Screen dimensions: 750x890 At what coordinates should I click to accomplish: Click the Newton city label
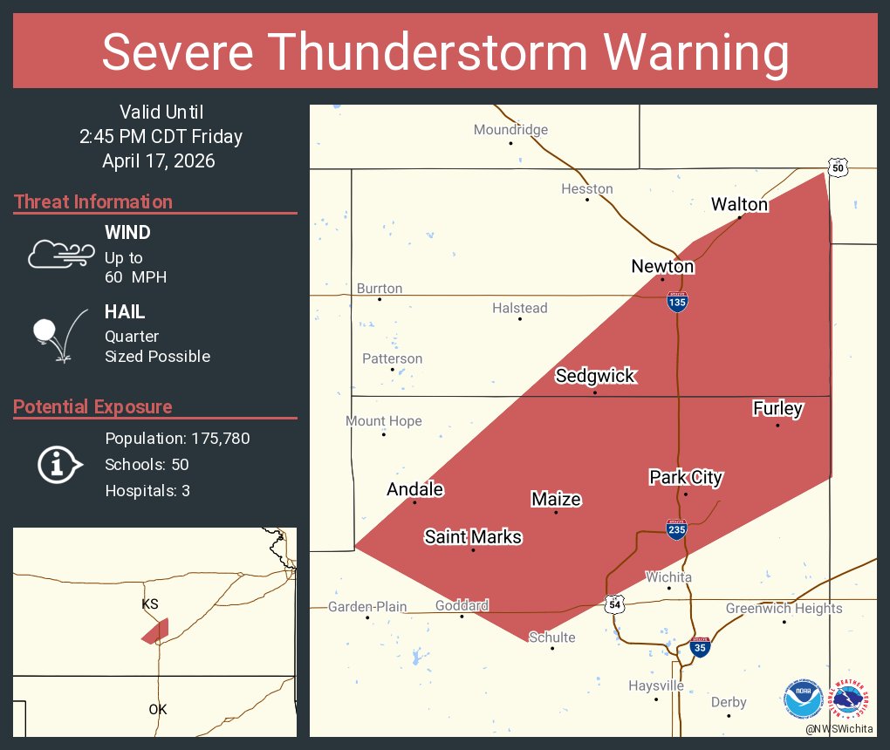662,266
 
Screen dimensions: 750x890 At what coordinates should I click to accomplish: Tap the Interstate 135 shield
677,302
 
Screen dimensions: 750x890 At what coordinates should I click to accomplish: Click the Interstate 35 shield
699,647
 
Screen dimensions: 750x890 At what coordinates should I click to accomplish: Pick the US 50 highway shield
838,167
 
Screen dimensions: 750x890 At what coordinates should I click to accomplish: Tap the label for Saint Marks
473,536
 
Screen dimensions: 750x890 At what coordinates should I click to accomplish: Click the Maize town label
556,499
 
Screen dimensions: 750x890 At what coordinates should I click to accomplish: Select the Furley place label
777,407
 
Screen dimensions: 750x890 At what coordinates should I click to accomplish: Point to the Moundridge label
510,130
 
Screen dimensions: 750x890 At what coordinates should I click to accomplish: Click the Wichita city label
668,577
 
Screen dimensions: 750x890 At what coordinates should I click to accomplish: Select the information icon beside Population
59,464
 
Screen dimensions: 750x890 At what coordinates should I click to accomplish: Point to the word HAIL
125,311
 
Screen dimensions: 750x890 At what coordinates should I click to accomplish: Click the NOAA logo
803,699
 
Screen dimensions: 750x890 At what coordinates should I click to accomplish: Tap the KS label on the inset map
151,603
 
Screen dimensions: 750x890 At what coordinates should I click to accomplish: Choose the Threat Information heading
93,201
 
